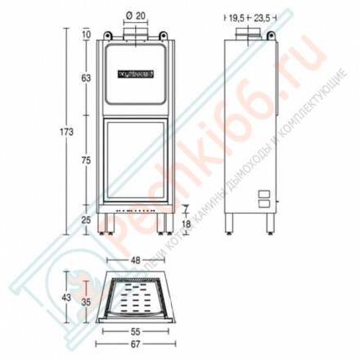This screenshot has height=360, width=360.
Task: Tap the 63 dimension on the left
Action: pos(86,78)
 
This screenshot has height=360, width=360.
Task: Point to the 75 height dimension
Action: pos(86,161)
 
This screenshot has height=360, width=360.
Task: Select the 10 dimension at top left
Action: pos(86,34)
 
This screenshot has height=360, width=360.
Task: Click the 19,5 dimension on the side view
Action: pos(236,16)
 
